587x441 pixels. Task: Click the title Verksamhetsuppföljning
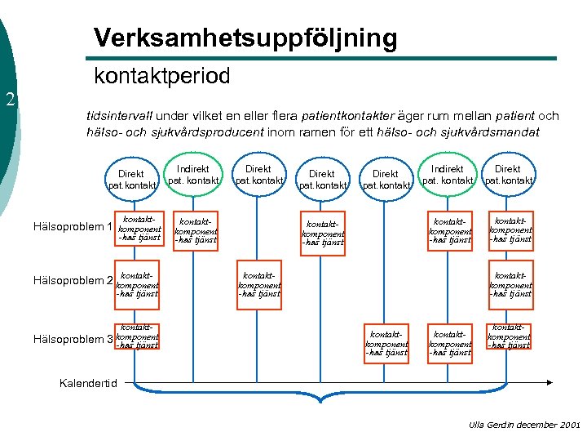245,38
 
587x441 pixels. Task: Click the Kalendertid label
89,383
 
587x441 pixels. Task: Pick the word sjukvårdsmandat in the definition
491,131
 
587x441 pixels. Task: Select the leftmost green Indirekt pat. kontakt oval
193,174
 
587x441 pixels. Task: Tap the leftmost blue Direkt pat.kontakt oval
130,179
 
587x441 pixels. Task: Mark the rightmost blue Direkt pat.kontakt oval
508,174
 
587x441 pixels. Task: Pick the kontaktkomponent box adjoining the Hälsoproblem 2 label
137,282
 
